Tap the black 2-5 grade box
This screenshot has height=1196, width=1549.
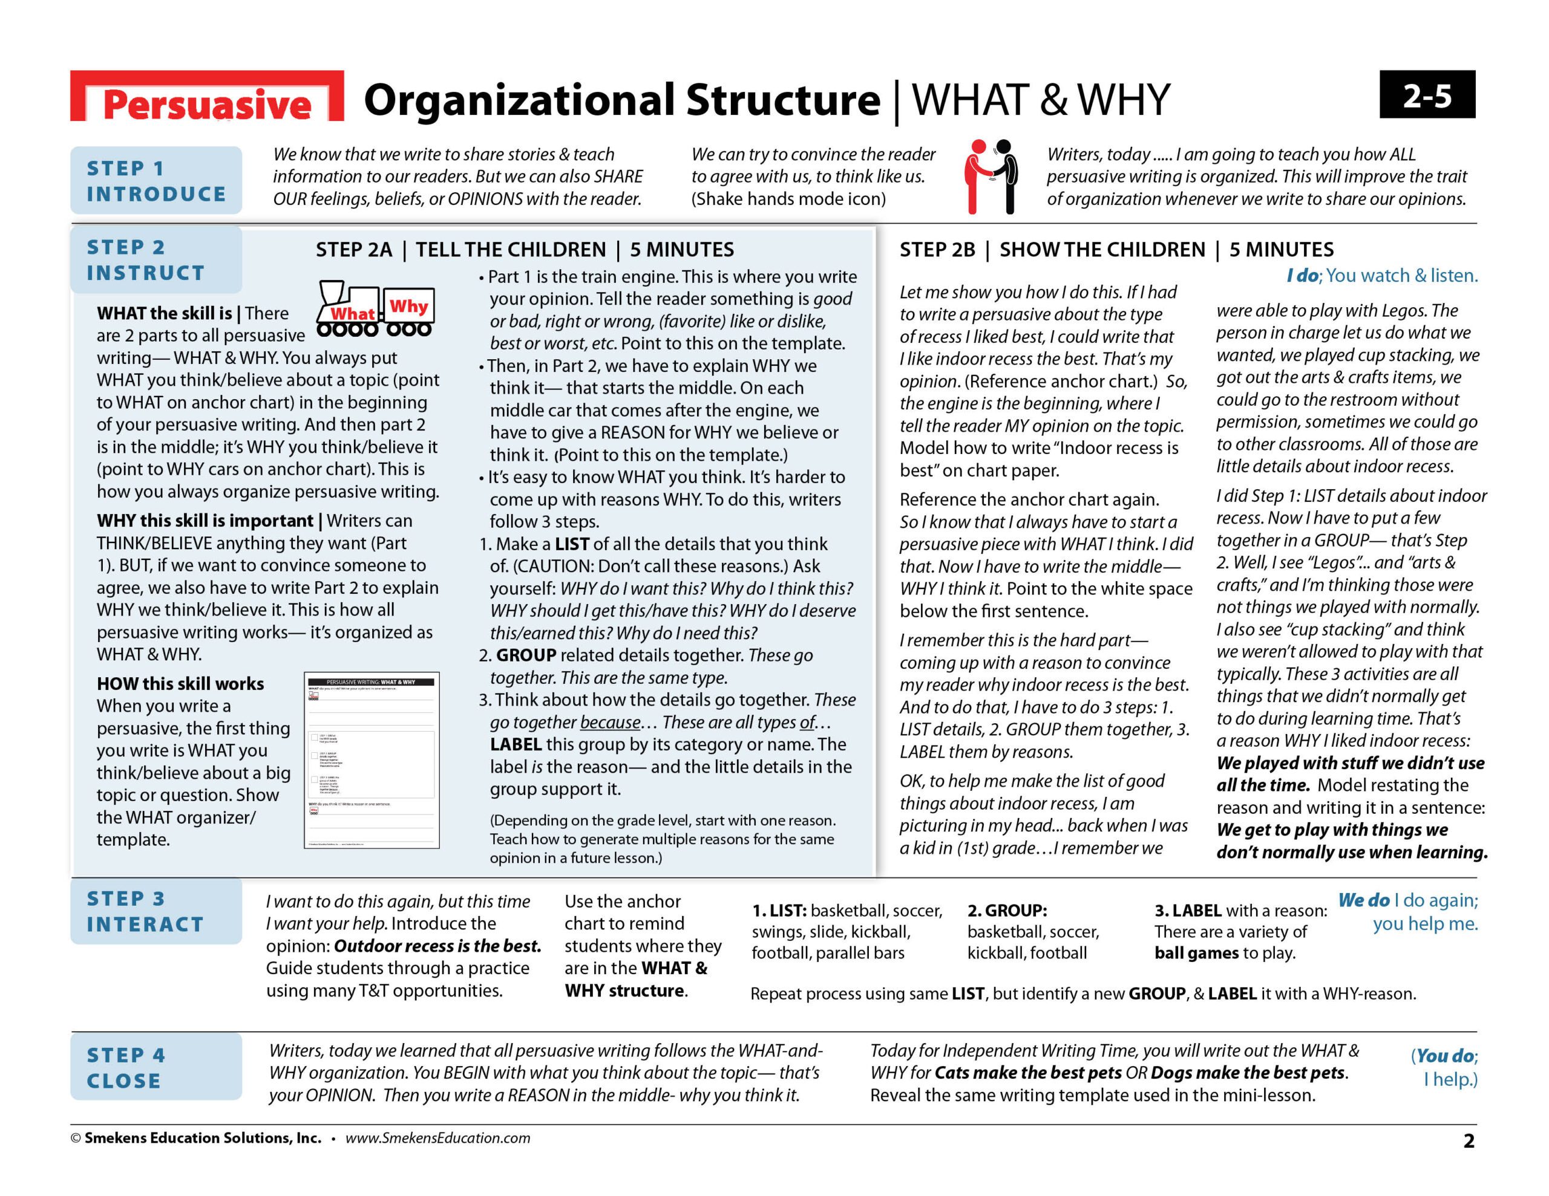point(1426,95)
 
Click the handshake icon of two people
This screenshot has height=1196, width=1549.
point(991,177)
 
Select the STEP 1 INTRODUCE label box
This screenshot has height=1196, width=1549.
point(156,181)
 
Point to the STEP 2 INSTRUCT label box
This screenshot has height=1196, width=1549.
point(156,260)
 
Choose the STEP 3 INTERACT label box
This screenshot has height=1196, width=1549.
point(156,911)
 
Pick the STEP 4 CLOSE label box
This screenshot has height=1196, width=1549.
point(156,1068)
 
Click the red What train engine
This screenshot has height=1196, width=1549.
point(347,309)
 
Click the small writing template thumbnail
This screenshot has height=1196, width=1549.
point(372,760)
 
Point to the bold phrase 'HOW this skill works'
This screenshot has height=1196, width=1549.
point(180,683)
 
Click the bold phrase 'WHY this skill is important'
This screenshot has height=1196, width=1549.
point(205,521)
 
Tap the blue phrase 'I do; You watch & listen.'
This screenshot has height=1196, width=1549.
point(1381,276)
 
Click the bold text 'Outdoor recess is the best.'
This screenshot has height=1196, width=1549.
point(437,946)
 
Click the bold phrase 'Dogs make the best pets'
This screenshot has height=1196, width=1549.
point(1248,1073)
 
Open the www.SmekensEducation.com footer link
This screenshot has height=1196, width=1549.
point(437,1138)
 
